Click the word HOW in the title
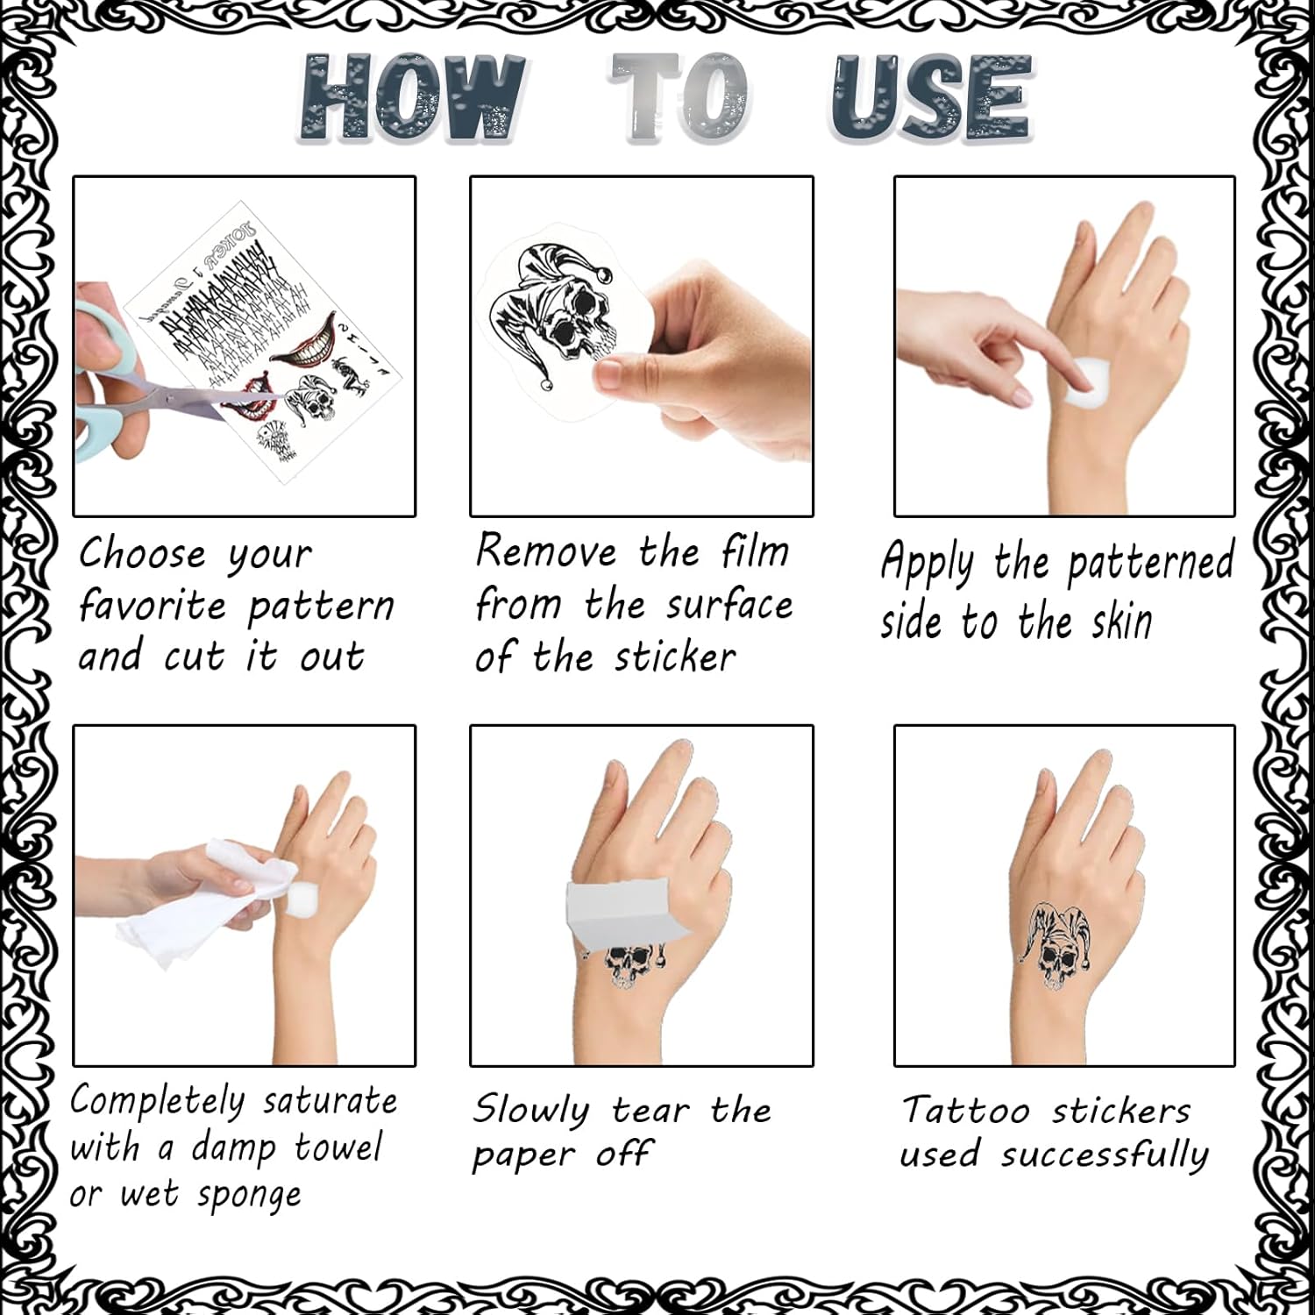point(412,97)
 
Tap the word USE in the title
point(932,97)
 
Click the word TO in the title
point(680,97)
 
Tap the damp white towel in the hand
point(210,903)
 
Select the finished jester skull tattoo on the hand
point(1056,945)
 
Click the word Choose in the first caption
point(143,554)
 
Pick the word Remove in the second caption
point(546,551)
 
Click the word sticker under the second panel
point(675,657)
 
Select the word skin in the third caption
point(1121,622)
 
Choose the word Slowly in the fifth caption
point(532,1112)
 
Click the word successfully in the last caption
point(1105,1155)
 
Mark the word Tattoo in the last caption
point(966,1111)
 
